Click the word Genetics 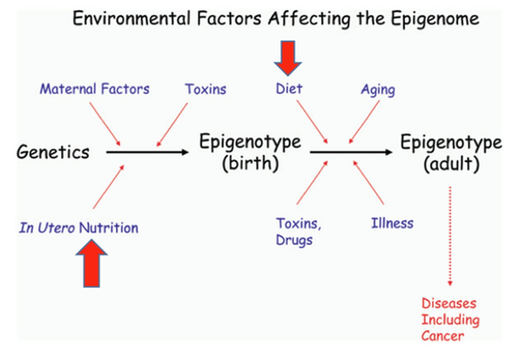click(x=53, y=152)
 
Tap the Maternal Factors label click(x=94, y=89)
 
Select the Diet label click(x=289, y=89)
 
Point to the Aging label click(x=378, y=90)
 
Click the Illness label click(x=392, y=223)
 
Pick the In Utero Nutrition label click(x=79, y=228)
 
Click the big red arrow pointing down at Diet click(x=288, y=57)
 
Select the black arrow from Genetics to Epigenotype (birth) click(x=147, y=152)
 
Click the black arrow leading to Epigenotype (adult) click(x=351, y=152)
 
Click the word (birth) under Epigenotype click(x=250, y=163)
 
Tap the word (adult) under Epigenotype click(x=451, y=164)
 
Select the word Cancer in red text click(x=442, y=336)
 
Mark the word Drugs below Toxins click(x=294, y=240)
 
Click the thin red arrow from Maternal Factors click(x=105, y=124)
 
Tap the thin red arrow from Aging click(x=364, y=122)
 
